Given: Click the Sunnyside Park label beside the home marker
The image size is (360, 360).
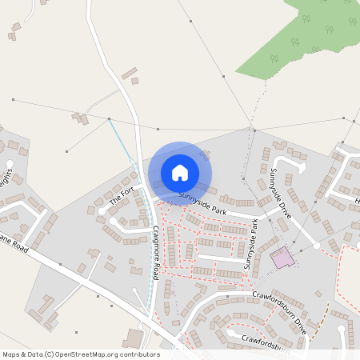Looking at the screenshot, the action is (x=203, y=199).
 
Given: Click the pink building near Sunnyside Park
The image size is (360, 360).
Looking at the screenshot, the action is (x=281, y=258).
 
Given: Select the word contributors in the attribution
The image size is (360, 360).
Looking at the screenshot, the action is (x=138, y=354).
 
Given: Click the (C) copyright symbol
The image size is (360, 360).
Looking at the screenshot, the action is (x=50, y=354).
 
